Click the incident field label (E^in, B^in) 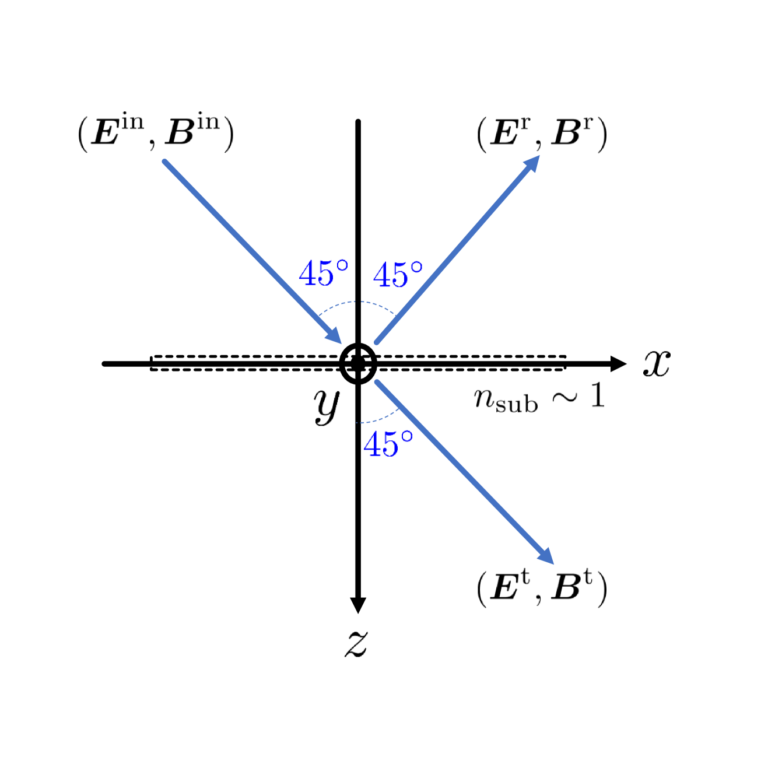click(x=156, y=134)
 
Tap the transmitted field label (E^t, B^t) click(x=542, y=588)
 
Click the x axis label click(x=657, y=363)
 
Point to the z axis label click(x=356, y=643)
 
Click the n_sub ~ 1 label click(x=539, y=398)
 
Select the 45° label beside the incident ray click(x=323, y=273)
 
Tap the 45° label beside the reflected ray click(x=398, y=275)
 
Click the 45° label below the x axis click(x=388, y=444)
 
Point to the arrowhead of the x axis click(x=618, y=364)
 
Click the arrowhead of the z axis click(x=358, y=605)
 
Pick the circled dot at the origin click(x=358, y=364)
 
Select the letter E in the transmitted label click(x=505, y=588)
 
